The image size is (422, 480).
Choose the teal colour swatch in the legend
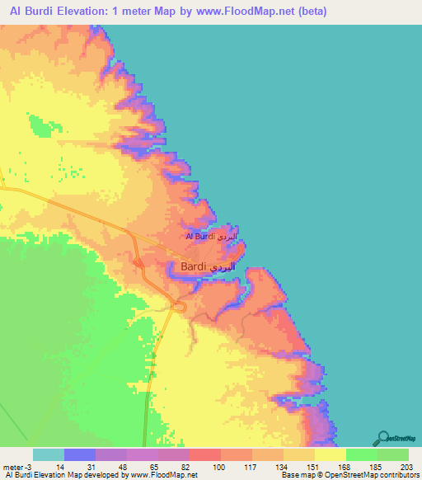pos(49,454)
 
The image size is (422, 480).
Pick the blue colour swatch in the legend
pos(80,454)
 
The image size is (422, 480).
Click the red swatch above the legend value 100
pos(205,454)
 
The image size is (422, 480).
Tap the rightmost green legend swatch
pos(393,454)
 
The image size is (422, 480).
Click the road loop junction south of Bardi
pos(178,307)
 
